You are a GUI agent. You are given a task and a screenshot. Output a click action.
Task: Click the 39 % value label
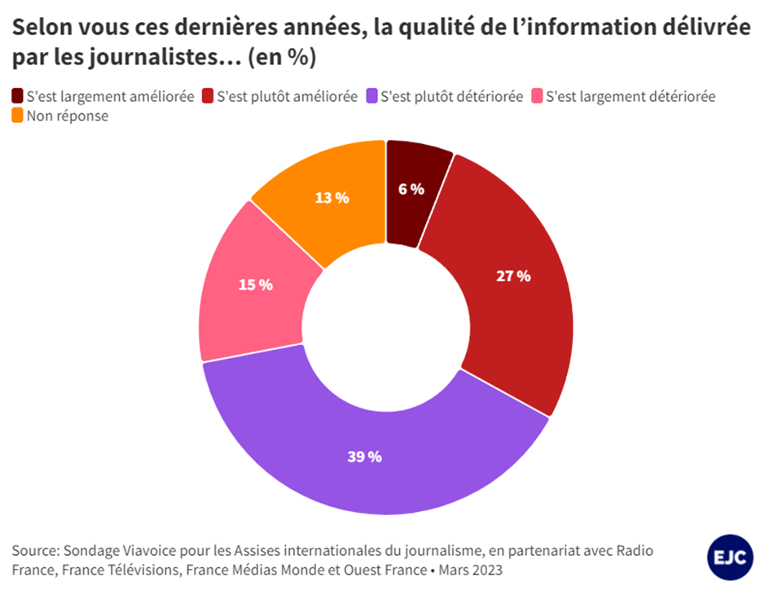(x=364, y=457)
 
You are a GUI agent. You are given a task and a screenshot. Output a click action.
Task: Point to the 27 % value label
(x=513, y=276)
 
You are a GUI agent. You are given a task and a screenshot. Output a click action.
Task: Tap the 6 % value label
(x=411, y=189)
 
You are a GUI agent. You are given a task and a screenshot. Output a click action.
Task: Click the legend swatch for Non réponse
(x=17, y=116)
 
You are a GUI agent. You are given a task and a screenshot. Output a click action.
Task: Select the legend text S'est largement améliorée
(x=110, y=96)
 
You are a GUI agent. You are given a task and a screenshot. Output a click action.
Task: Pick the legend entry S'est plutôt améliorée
(x=287, y=96)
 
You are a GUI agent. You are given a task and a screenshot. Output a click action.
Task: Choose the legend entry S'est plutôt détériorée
(x=451, y=96)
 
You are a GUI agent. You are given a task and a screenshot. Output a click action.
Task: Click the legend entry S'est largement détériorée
(x=630, y=96)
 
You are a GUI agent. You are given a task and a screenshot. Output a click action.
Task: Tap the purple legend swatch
(x=372, y=96)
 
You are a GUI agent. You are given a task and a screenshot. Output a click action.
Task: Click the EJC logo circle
(x=730, y=557)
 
